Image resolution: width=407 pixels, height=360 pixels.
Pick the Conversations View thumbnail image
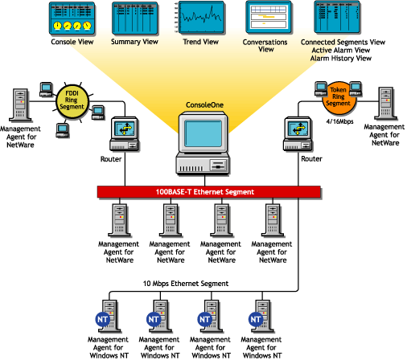[x=266, y=17]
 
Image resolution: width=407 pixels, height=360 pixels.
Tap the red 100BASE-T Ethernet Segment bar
[x=203, y=193]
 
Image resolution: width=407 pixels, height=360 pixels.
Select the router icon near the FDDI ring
[x=125, y=133]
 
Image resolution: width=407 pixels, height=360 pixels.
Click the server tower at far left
[x=20, y=105]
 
